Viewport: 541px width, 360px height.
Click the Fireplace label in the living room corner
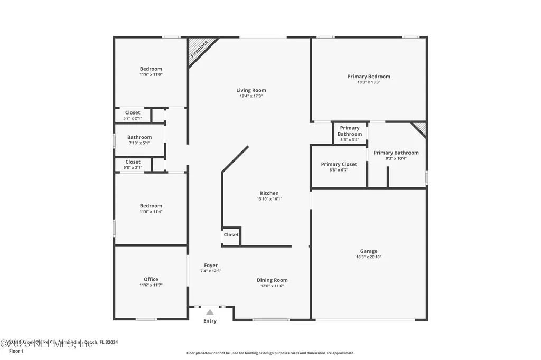click(199, 49)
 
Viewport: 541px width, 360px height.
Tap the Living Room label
click(251, 90)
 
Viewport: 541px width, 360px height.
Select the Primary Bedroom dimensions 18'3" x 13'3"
click(369, 82)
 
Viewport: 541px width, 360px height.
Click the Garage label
click(369, 251)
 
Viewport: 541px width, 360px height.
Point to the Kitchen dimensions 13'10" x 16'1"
click(269, 199)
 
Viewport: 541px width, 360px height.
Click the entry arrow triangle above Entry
click(210, 312)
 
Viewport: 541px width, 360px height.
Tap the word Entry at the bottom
click(210, 321)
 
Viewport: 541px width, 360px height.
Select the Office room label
click(151, 279)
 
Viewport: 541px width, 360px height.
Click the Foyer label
click(210, 266)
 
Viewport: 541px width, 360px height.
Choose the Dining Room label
click(272, 280)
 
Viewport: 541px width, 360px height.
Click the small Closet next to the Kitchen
click(231, 235)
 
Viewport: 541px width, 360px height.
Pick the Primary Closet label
click(339, 164)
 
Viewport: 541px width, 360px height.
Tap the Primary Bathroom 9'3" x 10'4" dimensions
click(396, 158)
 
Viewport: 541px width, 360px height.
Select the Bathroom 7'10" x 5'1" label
click(139, 137)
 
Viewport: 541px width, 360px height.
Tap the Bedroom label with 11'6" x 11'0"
click(151, 69)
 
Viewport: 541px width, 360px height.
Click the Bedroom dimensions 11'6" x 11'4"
click(151, 212)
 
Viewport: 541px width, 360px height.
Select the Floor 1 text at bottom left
click(16, 351)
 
